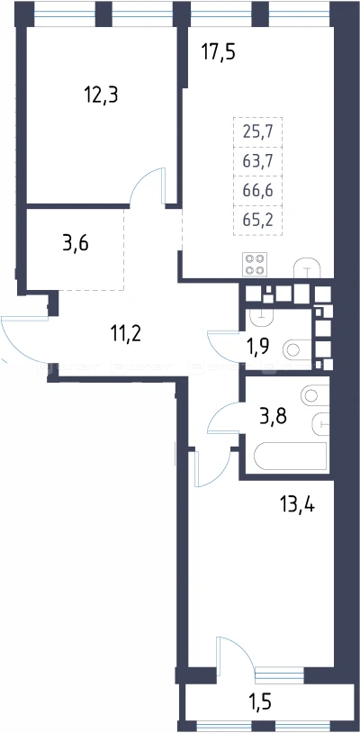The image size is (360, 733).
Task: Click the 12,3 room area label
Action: pos(101,95)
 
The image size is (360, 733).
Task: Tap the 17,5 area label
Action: pos(218,51)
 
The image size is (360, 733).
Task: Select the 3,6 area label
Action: pos(76,243)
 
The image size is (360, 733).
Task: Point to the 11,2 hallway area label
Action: pos(125,334)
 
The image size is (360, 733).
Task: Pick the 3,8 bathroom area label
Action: pos(274,415)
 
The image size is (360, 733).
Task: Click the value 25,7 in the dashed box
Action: pos(257,132)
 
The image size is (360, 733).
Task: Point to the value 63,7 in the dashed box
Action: pos(257,161)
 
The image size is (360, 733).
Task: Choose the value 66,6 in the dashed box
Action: pos(257,190)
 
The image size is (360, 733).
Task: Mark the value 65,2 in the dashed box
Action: pos(257,219)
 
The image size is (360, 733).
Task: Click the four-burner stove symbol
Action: pos(255,264)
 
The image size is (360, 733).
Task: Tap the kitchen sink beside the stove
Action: pos(307,267)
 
